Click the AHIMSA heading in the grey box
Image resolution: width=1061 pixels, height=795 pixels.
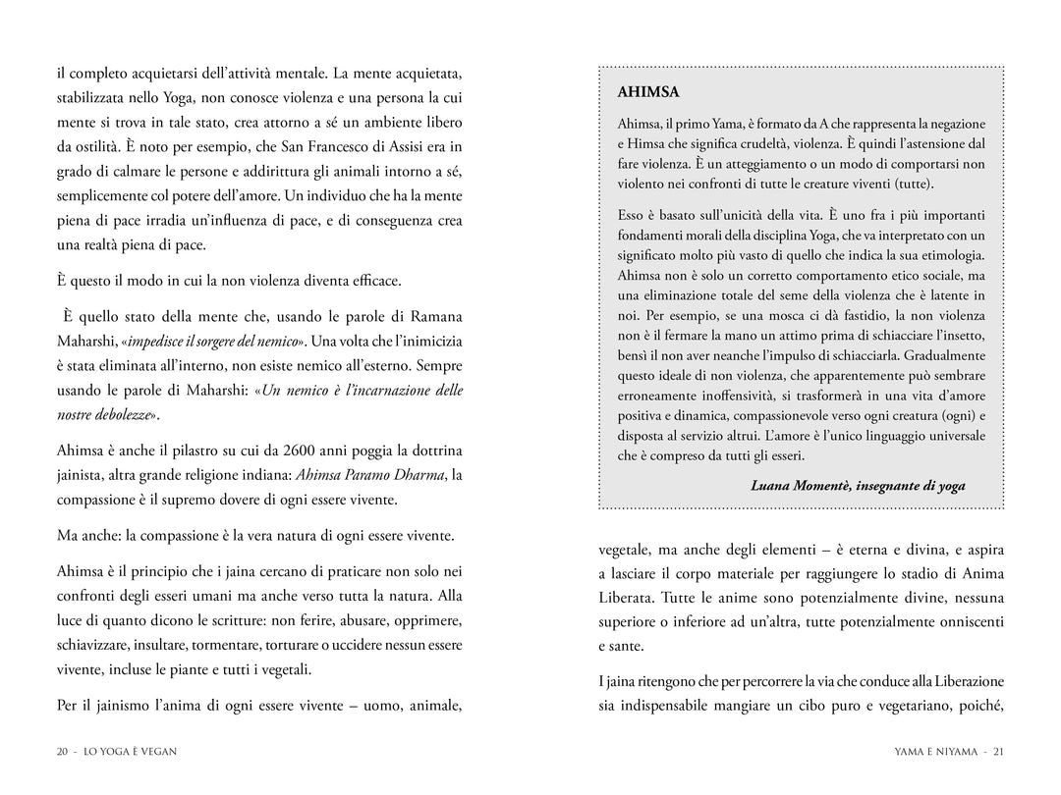point(648,93)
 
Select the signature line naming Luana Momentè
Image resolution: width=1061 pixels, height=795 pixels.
point(858,485)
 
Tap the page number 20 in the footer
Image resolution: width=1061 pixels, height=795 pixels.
point(62,752)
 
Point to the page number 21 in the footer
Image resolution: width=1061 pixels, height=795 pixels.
point(998,752)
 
